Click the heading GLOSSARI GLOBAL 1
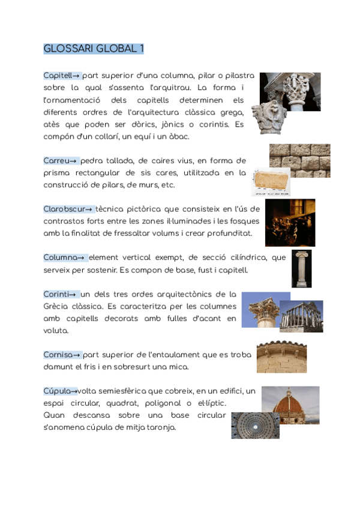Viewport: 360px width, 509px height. [94, 49]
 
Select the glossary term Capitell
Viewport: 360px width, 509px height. [58, 76]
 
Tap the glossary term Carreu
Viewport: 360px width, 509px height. [56, 161]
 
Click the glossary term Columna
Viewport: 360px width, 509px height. [61, 258]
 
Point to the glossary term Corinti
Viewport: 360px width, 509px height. [56, 294]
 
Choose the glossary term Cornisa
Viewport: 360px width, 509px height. [59, 355]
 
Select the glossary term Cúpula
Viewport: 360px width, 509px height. [58, 391]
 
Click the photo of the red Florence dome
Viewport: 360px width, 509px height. [290, 401]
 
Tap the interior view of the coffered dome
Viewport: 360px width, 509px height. [255, 425]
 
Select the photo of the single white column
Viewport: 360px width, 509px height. [301, 268]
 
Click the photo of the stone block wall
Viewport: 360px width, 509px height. [299, 160]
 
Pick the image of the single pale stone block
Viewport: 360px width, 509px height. [271, 182]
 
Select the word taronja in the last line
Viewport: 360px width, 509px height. [159, 427]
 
